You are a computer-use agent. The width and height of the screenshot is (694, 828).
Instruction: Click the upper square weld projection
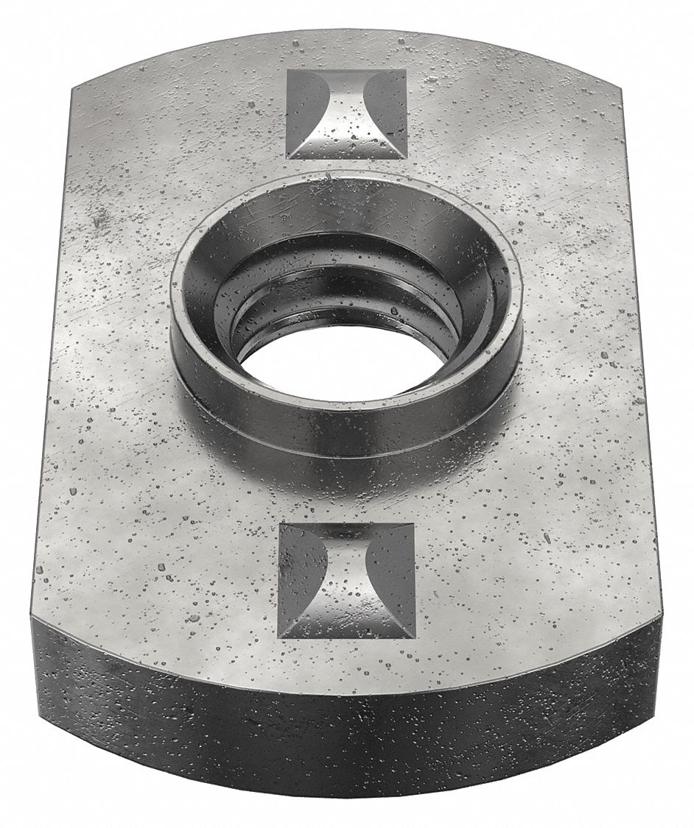click(x=346, y=114)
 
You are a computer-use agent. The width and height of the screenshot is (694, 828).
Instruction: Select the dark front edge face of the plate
click(x=346, y=743)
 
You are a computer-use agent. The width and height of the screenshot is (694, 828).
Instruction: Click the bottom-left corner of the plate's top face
click(x=32, y=617)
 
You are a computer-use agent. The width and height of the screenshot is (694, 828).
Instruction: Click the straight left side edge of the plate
click(x=52, y=353)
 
